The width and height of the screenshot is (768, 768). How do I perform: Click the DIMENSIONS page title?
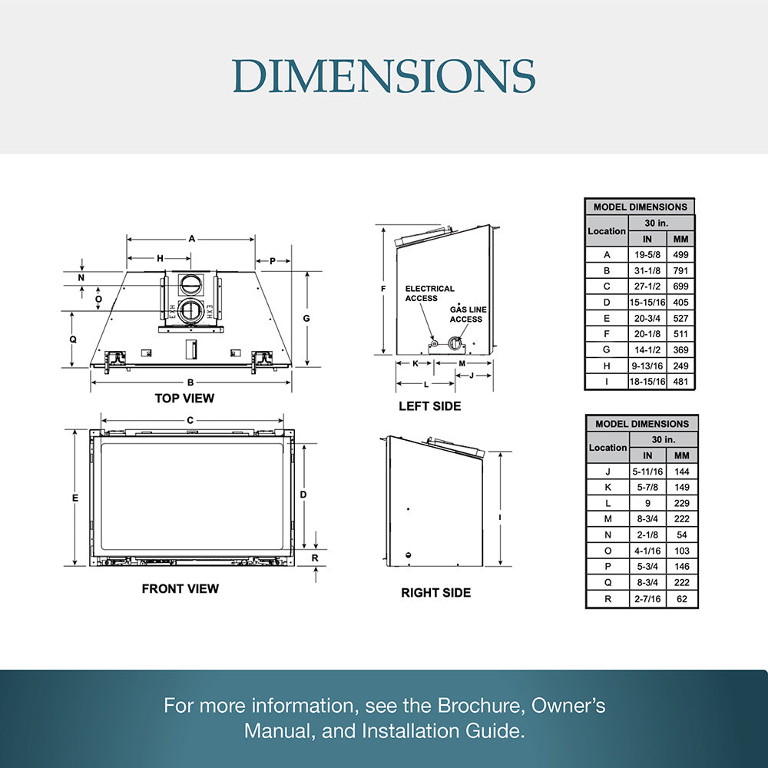(x=384, y=76)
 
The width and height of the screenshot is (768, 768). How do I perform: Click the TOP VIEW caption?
(x=184, y=398)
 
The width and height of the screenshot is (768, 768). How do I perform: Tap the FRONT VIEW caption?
(x=180, y=589)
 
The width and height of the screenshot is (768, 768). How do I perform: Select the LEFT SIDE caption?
(x=429, y=406)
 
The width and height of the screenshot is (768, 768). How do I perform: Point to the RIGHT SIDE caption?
(x=436, y=593)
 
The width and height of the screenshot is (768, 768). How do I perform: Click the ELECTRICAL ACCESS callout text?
(x=429, y=293)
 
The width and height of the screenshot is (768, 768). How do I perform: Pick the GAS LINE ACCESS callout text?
(x=468, y=314)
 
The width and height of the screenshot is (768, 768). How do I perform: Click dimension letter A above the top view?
(x=192, y=239)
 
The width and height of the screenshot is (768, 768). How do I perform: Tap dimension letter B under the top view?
(x=190, y=382)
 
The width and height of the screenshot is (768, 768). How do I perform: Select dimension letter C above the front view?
(x=190, y=420)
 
